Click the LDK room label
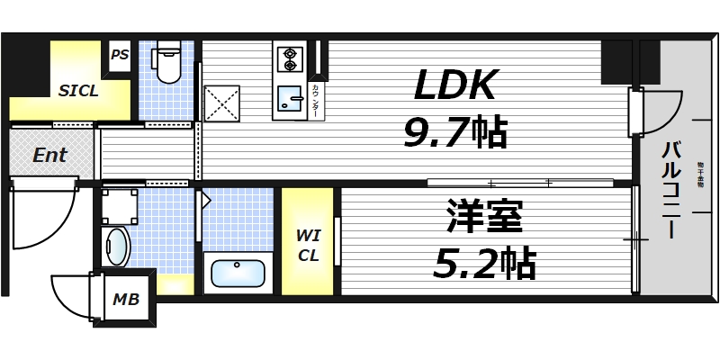coord(455,86)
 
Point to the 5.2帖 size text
coord(485,263)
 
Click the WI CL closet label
coord(308,245)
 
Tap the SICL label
coord(79,91)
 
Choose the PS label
coord(120,55)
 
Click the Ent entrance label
coord(49,155)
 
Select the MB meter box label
coord(125,299)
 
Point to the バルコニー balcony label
coord(671,189)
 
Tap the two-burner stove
coord(291,58)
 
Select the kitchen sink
coord(290,96)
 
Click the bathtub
coord(236,271)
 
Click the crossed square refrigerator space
coord(221,103)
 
